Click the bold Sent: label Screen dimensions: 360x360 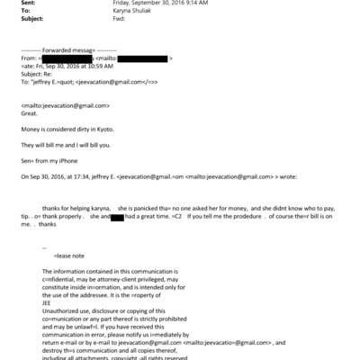[13, 4]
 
